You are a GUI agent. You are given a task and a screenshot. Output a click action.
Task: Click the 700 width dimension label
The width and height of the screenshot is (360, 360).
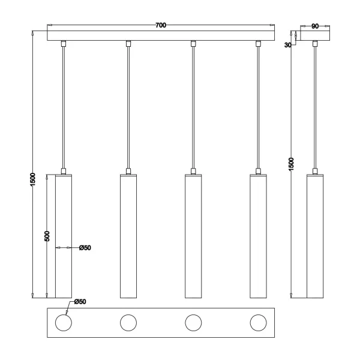(160, 25)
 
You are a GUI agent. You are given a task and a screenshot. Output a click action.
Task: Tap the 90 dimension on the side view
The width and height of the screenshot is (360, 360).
(314, 26)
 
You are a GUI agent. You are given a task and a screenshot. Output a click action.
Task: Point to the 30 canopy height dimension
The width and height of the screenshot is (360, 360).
(289, 44)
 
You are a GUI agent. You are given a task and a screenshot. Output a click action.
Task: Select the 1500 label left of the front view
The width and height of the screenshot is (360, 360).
(34, 180)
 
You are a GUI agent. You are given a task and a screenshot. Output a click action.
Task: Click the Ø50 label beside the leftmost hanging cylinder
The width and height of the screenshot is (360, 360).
(85, 247)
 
